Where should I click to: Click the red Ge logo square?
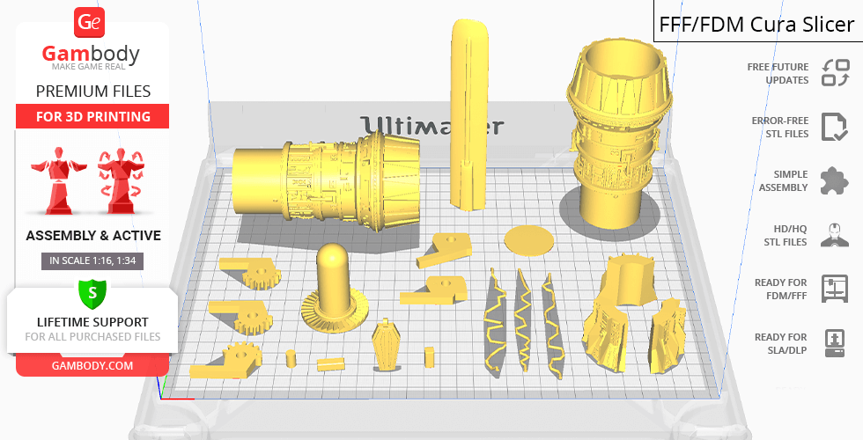tap(89, 22)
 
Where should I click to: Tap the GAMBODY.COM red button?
tap(92, 366)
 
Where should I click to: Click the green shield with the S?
tap(92, 294)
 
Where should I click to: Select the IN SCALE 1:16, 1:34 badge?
tap(92, 260)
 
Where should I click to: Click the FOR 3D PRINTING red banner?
tap(92, 116)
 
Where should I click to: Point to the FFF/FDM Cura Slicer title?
tap(756, 25)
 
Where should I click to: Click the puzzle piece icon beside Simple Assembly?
tap(835, 180)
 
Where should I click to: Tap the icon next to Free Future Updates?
tap(836, 73)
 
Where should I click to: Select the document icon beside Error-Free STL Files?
tap(835, 127)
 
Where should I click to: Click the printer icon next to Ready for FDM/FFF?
tap(835, 290)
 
